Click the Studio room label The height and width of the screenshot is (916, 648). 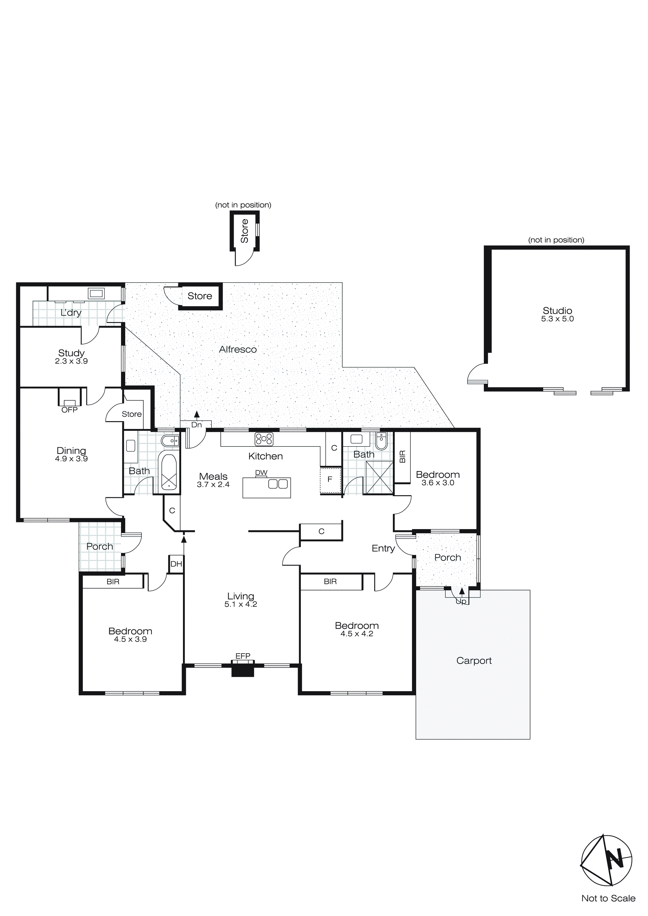point(557,310)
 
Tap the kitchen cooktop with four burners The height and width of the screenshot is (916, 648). point(264,439)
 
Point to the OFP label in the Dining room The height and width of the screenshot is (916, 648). point(70,410)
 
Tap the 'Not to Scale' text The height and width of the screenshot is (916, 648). point(608,898)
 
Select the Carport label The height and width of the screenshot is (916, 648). point(474,661)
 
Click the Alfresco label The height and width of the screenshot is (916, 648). point(238,350)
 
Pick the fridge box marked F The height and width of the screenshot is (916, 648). point(330,479)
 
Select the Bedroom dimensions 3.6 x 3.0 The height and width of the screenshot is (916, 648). point(438,483)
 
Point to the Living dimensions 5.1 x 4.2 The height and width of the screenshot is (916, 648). point(240,604)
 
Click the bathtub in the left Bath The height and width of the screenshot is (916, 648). point(169,472)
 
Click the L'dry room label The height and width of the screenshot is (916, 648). point(71,313)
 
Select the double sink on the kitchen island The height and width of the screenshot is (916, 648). point(278,484)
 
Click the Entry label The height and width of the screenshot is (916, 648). point(383,548)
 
